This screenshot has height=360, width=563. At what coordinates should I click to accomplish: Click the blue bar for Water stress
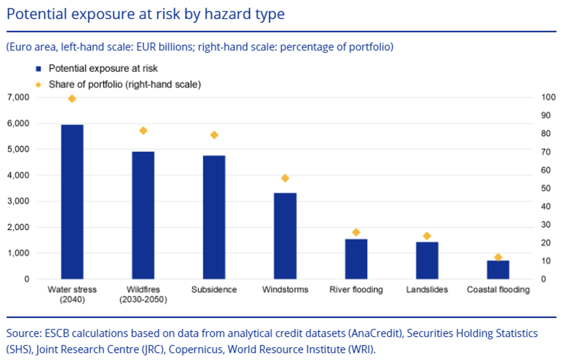pyautogui.click(x=72, y=202)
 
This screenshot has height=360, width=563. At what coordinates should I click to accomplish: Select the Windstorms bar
pyautogui.click(x=285, y=236)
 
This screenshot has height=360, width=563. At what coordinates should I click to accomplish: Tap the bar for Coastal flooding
pyautogui.click(x=498, y=270)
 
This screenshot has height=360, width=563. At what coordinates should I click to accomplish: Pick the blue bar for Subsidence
pyautogui.click(x=214, y=217)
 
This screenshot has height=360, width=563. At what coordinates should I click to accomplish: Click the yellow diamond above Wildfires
pyautogui.click(x=143, y=131)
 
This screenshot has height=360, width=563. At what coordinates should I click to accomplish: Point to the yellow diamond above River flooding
pyautogui.click(x=356, y=232)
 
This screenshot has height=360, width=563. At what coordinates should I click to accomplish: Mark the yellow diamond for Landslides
pyautogui.click(x=427, y=236)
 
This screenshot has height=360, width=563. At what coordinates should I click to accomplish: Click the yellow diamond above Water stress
pyautogui.click(x=72, y=99)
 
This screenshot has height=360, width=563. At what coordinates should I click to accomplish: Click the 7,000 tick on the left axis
pyautogui.click(x=18, y=97)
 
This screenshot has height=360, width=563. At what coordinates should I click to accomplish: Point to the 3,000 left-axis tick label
pyautogui.click(x=18, y=201)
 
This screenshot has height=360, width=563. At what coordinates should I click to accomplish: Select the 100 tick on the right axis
pyautogui.click(x=548, y=97)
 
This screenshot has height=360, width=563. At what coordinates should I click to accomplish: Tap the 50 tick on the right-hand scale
pyautogui.click(x=546, y=188)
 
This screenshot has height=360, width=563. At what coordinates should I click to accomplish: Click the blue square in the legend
pyautogui.click(x=39, y=68)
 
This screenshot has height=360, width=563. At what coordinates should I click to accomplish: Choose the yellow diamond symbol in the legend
pyautogui.click(x=38, y=85)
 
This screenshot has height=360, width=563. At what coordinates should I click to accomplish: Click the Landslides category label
pyautogui.click(x=427, y=290)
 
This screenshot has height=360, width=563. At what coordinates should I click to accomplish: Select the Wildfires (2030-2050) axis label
pyautogui.click(x=143, y=294)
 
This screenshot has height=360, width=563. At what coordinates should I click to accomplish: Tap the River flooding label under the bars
pyautogui.click(x=356, y=290)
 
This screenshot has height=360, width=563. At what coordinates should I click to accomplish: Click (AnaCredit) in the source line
pyautogui.click(x=375, y=333)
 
